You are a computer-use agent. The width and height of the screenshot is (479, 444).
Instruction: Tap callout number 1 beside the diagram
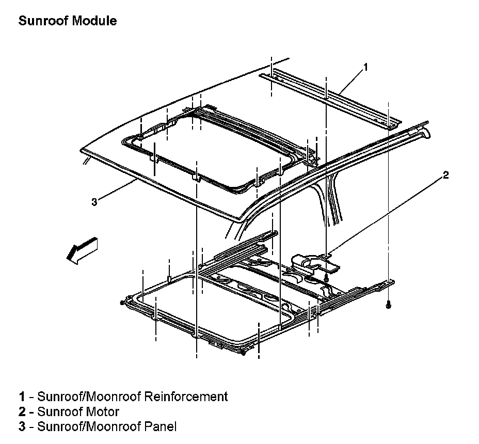(365, 67)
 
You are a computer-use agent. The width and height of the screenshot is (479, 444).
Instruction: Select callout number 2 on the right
(445, 176)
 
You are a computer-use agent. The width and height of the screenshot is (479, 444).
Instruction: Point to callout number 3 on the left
(94, 202)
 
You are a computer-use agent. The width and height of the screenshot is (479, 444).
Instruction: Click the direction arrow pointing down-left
(81, 250)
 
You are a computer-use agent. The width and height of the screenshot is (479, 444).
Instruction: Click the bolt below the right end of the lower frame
(388, 306)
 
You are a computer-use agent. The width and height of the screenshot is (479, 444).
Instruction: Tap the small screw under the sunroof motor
(327, 279)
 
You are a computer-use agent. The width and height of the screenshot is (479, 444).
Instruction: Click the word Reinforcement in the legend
(186, 397)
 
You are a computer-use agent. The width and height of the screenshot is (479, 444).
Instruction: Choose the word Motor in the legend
(102, 412)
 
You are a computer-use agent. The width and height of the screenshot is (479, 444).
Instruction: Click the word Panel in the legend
(161, 427)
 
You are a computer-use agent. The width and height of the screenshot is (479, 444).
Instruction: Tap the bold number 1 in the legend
(22, 397)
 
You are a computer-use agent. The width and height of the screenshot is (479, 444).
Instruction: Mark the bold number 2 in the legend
(22, 412)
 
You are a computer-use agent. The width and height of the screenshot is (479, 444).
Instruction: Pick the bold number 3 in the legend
(22, 427)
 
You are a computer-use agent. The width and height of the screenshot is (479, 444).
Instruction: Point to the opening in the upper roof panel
(217, 150)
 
